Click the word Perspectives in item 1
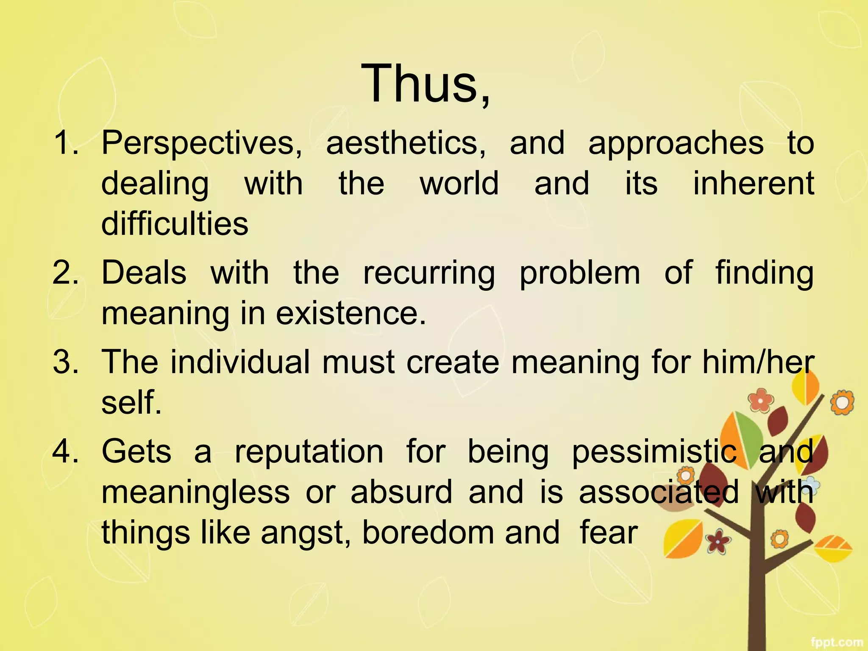coord(202,143)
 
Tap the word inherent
coord(753,183)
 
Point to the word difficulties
coord(175,223)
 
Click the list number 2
coord(65,272)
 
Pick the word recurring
coord(429,273)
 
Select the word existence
coord(350,313)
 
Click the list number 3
coord(65,362)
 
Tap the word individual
coord(240,362)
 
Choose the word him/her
coord(758,362)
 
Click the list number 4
coord(65,451)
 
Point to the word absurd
coord(401,492)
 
